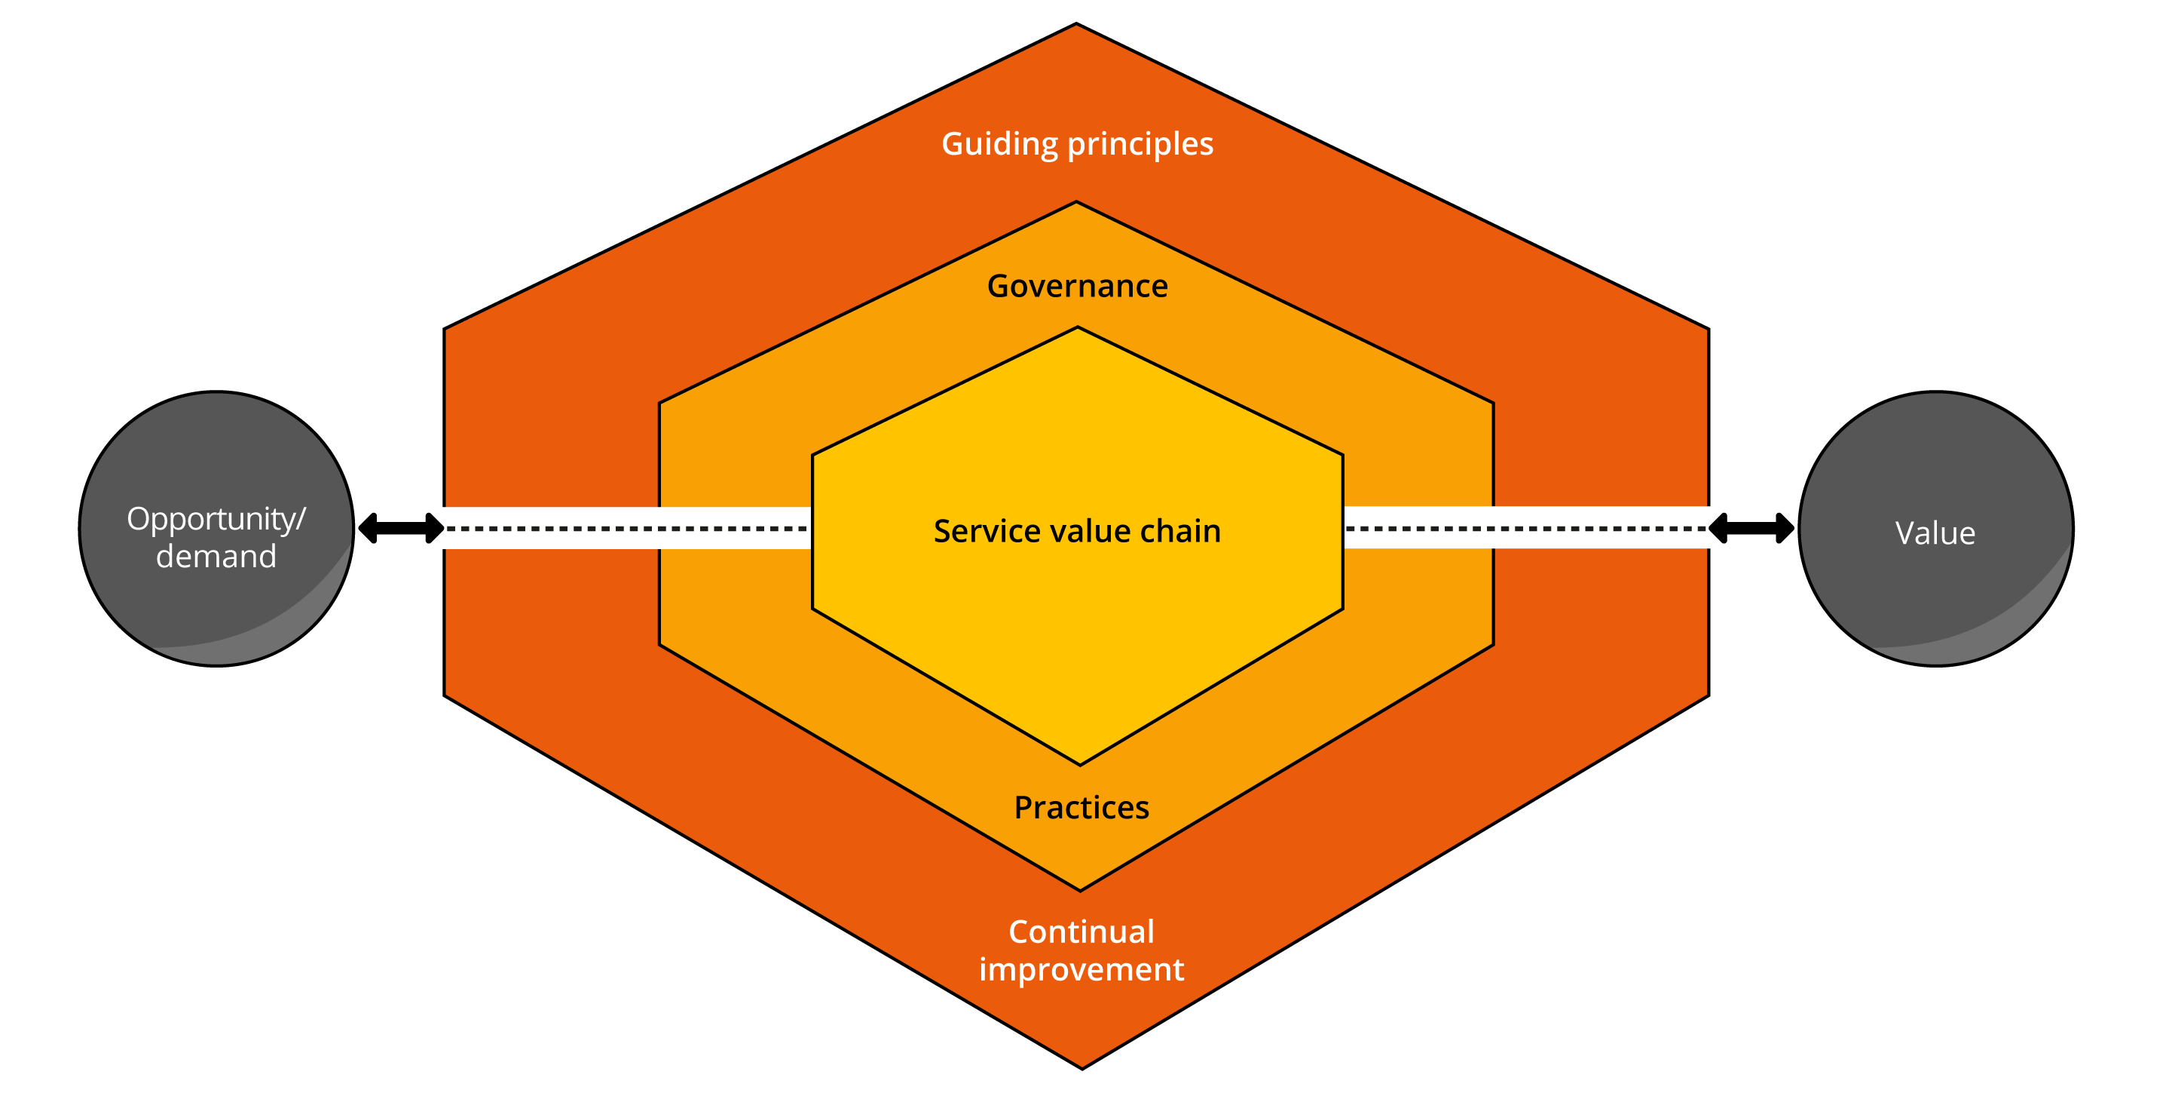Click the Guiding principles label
(1077, 144)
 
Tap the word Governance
(1077, 287)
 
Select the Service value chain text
(1077, 532)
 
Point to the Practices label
(1081, 808)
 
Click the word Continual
(1081, 932)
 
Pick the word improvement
(1081, 969)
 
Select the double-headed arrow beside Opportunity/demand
(401, 528)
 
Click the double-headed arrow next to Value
(1751, 528)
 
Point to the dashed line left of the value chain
(627, 528)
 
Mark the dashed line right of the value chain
(1525, 528)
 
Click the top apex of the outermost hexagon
(1076, 26)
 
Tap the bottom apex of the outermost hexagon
(1082, 1067)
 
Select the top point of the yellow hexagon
(1077, 329)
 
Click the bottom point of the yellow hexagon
(1080, 763)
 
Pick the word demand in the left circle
(216, 557)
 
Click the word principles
(1140, 145)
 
